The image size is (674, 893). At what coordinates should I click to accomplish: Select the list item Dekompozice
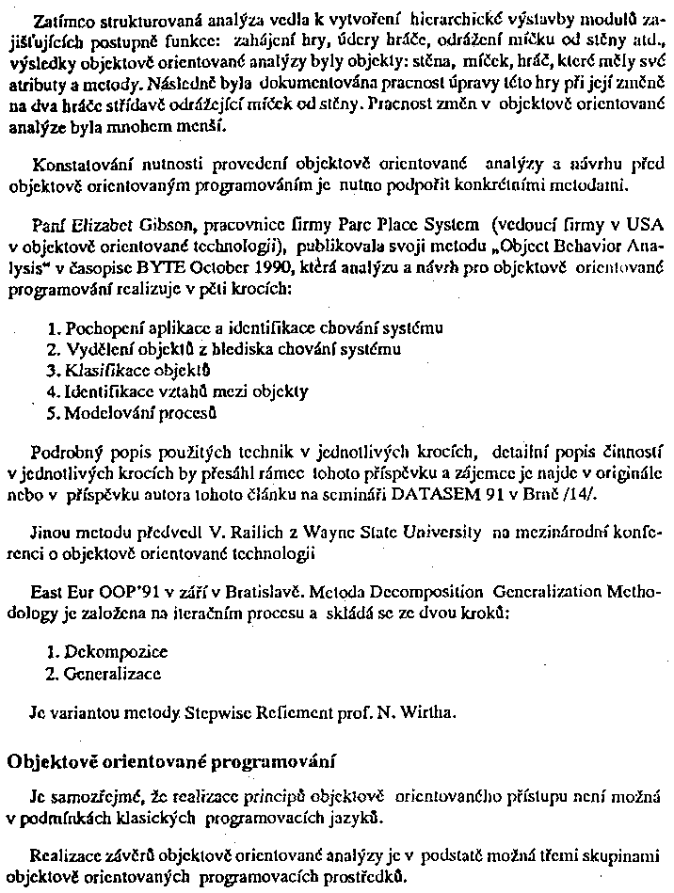(104, 651)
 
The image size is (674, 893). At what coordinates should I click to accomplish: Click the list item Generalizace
(103, 673)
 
